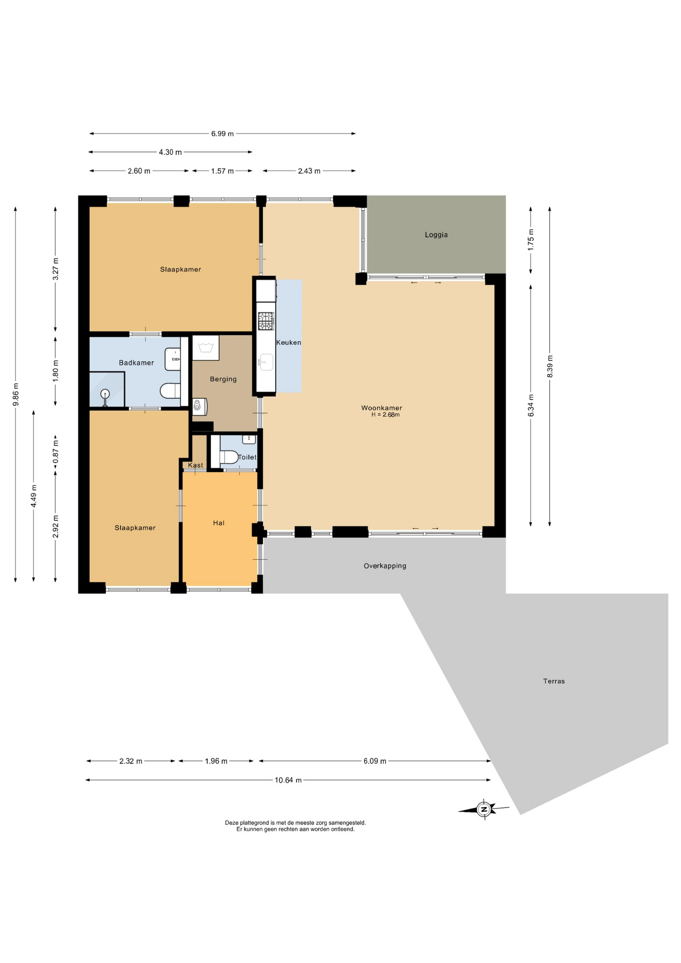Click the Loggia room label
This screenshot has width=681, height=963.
(x=436, y=235)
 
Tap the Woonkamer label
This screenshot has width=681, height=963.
(x=382, y=408)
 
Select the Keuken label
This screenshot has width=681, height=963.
(x=288, y=343)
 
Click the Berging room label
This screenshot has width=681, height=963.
(x=223, y=379)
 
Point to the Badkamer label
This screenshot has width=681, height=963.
(x=136, y=363)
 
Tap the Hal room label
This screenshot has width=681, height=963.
(x=219, y=523)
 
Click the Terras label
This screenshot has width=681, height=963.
(x=554, y=681)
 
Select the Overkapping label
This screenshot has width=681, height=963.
(x=385, y=566)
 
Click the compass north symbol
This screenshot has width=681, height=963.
(x=483, y=809)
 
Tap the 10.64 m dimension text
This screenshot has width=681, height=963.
(x=288, y=780)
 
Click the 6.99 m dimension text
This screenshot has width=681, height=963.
(x=222, y=134)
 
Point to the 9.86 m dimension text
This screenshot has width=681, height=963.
(x=16, y=395)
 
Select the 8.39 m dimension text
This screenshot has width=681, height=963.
(x=550, y=367)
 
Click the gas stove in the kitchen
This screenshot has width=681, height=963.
(x=266, y=321)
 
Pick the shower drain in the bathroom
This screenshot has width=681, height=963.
(x=105, y=394)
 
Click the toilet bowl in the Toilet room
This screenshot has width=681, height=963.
(x=229, y=457)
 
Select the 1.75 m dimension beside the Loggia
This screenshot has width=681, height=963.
(x=531, y=240)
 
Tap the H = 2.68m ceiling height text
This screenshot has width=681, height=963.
(x=385, y=415)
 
